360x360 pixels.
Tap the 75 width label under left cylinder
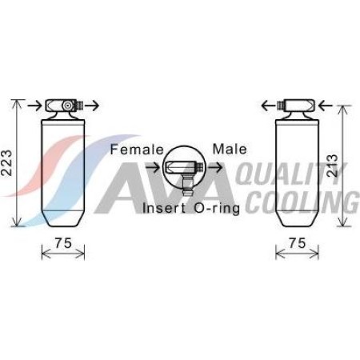click(63, 242)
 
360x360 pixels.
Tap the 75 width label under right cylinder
click(298, 242)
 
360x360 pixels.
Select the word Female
click(137, 150)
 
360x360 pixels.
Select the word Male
click(230, 150)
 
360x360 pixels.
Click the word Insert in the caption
click(164, 209)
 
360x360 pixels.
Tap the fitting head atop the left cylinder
click(63, 105)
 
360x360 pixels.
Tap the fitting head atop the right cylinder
click(298, 105)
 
